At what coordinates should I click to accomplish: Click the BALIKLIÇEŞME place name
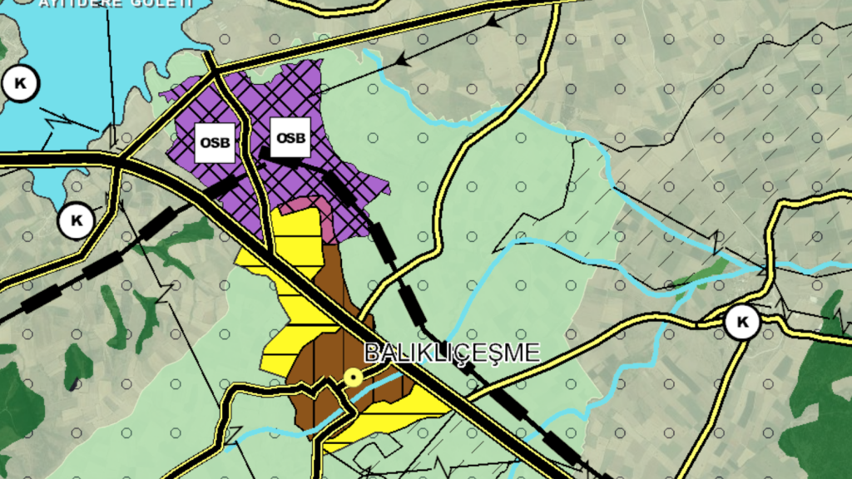[x=453, y=352]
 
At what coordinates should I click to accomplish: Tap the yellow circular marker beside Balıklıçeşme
[x=354, y=378]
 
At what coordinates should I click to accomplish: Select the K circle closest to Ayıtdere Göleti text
[x=20, y=82]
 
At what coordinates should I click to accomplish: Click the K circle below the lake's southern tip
[x=77, y=221]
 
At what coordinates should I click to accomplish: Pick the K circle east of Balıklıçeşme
[x=741, y=323]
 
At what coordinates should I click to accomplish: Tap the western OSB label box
[x=214, y=142]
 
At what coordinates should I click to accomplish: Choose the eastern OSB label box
[x=290, y=137]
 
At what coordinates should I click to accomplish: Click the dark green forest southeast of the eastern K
[x=820, y=391]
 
